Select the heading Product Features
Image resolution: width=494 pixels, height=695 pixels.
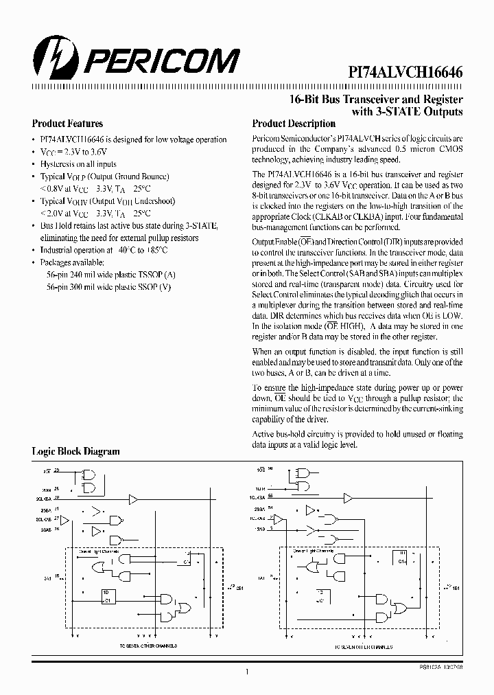67,124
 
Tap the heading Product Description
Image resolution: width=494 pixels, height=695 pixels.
294,124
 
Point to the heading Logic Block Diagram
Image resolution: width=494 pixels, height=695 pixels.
75,451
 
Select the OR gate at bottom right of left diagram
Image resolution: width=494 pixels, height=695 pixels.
184,608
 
